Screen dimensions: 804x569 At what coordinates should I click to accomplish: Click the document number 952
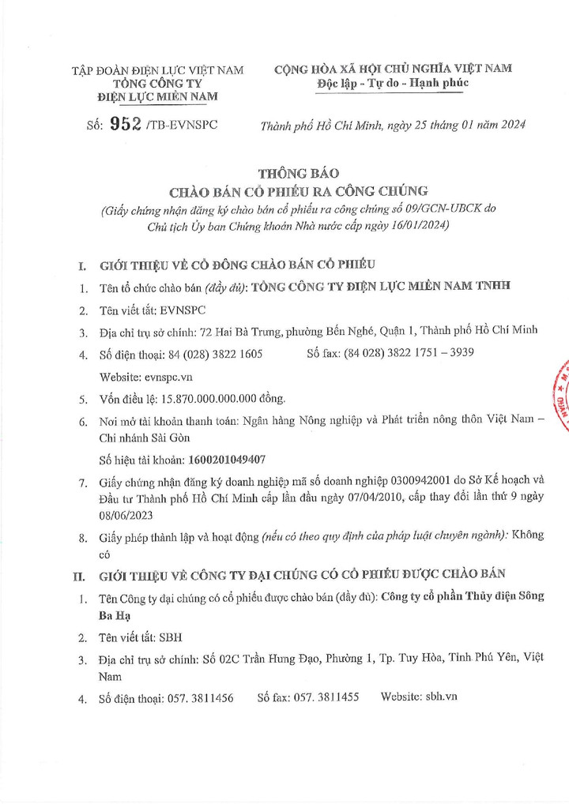pos(126,124)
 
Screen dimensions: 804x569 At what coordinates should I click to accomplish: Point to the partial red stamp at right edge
pos(562,394)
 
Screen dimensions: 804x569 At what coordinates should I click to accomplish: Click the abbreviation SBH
pos(170,635)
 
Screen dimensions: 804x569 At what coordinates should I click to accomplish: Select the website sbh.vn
pos(442,697)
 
